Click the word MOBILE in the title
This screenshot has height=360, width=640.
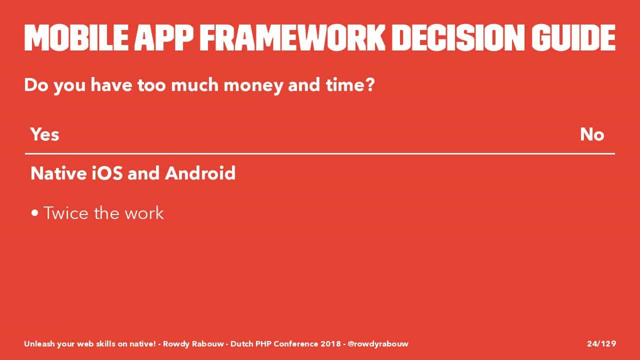tap(76, 37)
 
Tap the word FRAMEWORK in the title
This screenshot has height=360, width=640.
tap(292, 37)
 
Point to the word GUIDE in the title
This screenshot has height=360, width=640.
tap(573, 37)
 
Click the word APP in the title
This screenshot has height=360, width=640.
tap(163, 37)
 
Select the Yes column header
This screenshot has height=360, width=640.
tap(45, 134)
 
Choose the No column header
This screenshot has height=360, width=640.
tap(592, 134)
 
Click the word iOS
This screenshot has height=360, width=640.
tap(107, 173)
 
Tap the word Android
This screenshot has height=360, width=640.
tap(200, 173)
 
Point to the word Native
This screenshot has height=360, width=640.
tap(58, 173)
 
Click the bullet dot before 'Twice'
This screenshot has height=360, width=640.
tap(35, 213)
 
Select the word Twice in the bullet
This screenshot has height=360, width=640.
tap(66, 213)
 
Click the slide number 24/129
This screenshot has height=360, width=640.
tap(601, 343)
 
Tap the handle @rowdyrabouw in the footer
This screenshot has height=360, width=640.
tap(378, 344)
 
